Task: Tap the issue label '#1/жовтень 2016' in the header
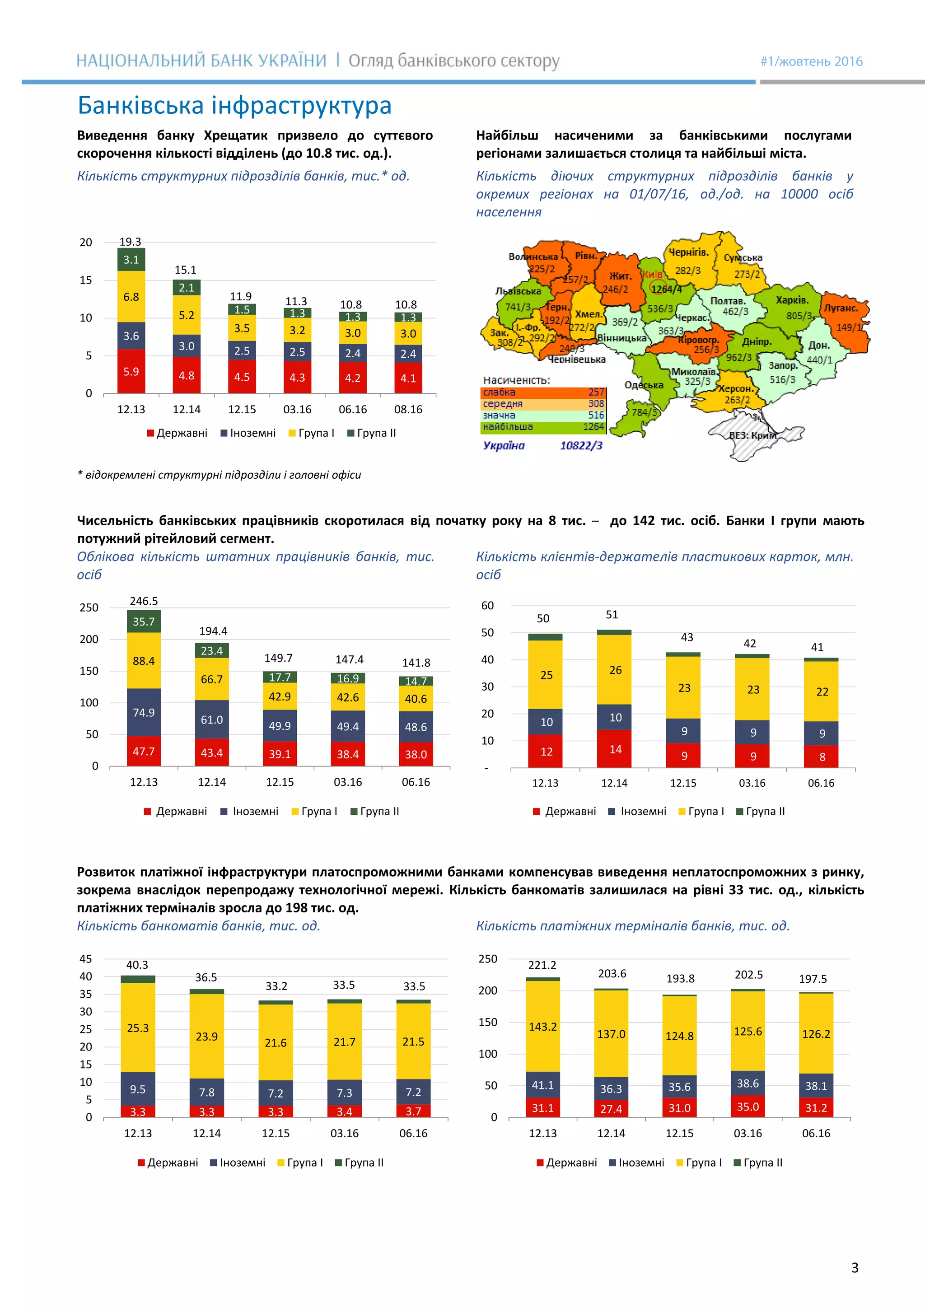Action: pyautogui.click(x=811, y=61)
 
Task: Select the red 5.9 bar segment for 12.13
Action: pyautogui.click(x=131, y=371)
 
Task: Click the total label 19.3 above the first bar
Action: pyautogui.click(x=130, y=242)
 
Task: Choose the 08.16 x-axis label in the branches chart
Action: pyautogui.click(x=408, y=410)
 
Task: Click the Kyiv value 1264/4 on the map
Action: pyautogui.click(x=666, y=290)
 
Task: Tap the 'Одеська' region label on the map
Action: pyautogui.click(x=644, y=385)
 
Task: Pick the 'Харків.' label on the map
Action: pyautogui.click(x=792, y=300)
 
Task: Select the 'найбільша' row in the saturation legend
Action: pyautogui.click(x=543, y=427)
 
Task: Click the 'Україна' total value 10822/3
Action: pyautogui.click(x=581, y=445)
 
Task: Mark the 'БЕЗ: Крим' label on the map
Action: pyautogui.click(x=752, y=435)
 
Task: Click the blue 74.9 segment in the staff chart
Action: pyautogui.click(x=144, y=712)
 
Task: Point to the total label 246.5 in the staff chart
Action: pyautogui.click(x=144, y=601)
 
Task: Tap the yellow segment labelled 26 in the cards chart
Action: pyautogui.click(x=615, y=670)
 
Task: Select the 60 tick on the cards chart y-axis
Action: pyautogui.click(x=487, y=606)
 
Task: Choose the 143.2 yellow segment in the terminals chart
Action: pyautogui.click(x=543, y=1027)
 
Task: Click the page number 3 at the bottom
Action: pyautogui.click(x=855, y=1267)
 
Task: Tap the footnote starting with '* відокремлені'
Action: pyautogui.click(x=220, y=475)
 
